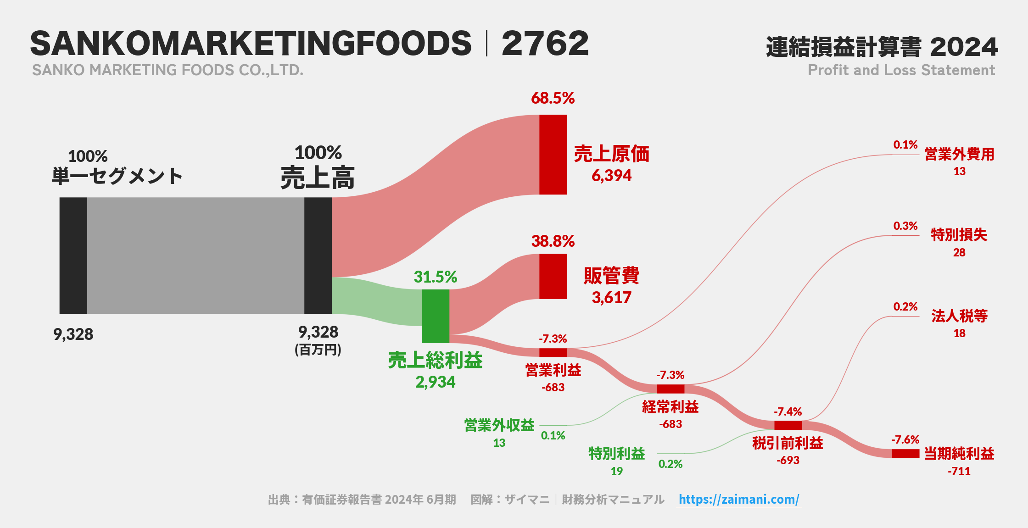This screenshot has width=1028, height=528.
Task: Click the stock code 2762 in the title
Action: tap(545, 44)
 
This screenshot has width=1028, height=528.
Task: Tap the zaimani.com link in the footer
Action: tap(738, 499)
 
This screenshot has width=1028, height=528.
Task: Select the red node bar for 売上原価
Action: tap(553, 155)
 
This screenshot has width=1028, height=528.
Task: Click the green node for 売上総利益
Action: tap(435, 316)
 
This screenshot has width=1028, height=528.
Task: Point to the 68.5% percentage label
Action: tap(553, 98)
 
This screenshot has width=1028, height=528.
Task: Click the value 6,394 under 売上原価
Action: tap(611, 176)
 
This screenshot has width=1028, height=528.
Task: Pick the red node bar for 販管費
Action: tap(553, 277)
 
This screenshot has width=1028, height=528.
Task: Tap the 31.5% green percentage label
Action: tap(435, 277)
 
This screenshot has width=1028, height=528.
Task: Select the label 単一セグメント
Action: tap(117, 176)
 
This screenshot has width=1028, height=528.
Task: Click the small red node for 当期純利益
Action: tap(905, 453)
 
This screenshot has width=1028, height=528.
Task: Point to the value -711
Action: tap(959, 471)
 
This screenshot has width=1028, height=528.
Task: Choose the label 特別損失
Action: tap(959, 235)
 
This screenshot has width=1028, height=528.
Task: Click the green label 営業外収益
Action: tap(499, 425)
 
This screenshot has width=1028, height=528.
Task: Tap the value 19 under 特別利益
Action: tap(616, 471)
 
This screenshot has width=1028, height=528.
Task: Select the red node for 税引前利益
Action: tap(788, 425)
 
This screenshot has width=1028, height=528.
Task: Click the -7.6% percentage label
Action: tap(905, 440)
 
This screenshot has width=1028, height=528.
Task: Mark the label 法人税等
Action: tap(959, 316)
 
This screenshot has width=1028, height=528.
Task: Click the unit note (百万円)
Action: tap(318, 350)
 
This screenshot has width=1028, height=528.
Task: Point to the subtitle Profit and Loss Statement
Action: tap(901, 70)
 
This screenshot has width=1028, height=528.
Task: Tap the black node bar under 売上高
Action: tap(318, 256)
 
